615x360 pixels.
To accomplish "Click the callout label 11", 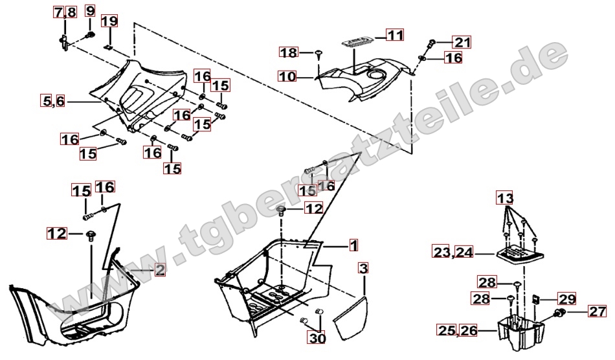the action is (x=395, y=35).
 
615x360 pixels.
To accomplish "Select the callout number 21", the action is (x=462, y=42).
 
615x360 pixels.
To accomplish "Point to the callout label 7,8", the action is (x=65, y=12).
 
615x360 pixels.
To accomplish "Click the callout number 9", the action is (x=90, y=12).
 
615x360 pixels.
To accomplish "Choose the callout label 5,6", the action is (x=53, y=101).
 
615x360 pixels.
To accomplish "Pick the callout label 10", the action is (x=287, y=76).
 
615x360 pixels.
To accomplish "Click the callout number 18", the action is (x=289, y=52).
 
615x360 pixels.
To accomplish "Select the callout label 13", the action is (x=505, y=197).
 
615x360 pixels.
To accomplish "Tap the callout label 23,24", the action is (x=453, y=252).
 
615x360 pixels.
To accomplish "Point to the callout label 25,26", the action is (x=458, y=331).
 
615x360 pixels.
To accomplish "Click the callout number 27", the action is (x=598, y=311).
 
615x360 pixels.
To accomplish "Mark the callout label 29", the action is (x=566, y=299).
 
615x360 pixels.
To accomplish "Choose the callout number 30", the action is (x=317, y=338).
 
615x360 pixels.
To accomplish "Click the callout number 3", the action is (x=364, y=269).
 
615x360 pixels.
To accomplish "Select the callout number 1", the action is (x=353, y=246).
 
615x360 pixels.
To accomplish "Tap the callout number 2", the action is (x=160, y=270).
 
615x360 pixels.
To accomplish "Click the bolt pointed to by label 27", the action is (x=559, y=313).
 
